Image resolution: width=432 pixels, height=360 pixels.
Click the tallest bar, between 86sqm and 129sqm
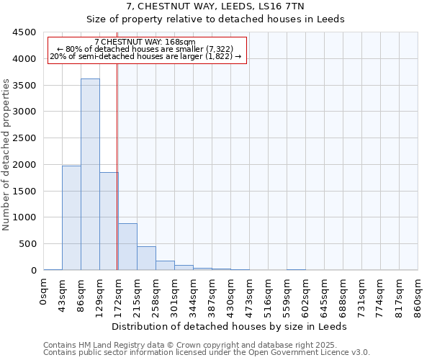(x=90, y=174)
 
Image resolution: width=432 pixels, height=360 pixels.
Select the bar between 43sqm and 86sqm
(x=71, y=217)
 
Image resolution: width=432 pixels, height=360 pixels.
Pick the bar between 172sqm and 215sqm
(x=127, y=247)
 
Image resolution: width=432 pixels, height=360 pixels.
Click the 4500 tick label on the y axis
(x=24, y=32)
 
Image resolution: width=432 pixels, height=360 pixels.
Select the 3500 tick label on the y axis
(x=24, y=86)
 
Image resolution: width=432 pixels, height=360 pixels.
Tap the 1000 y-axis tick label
(x=24, y=217)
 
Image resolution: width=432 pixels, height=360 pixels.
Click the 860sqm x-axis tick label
(x=418, y=296)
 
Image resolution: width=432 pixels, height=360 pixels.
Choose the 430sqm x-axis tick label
(x=231, y=296)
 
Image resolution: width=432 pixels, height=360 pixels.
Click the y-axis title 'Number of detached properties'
(x=7, y=155)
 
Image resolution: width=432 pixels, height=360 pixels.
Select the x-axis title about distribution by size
(x=230, y=326)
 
